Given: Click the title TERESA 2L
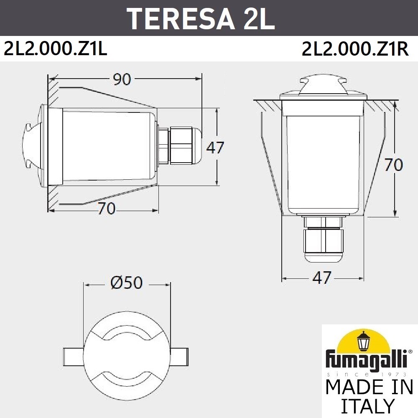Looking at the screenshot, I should pos(201,18).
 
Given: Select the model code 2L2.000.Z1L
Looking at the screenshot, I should pos(56,49).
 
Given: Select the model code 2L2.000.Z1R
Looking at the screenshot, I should pos(355,49).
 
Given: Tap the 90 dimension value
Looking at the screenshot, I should pos(122,79).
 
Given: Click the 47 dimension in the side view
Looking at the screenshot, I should pos(215,147).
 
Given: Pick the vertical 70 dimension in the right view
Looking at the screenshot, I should pos(393,165).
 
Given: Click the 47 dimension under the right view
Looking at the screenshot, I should pos(322,278).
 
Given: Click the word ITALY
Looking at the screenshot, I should pos(368,406).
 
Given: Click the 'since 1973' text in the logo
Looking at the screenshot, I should pos(368,374).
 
